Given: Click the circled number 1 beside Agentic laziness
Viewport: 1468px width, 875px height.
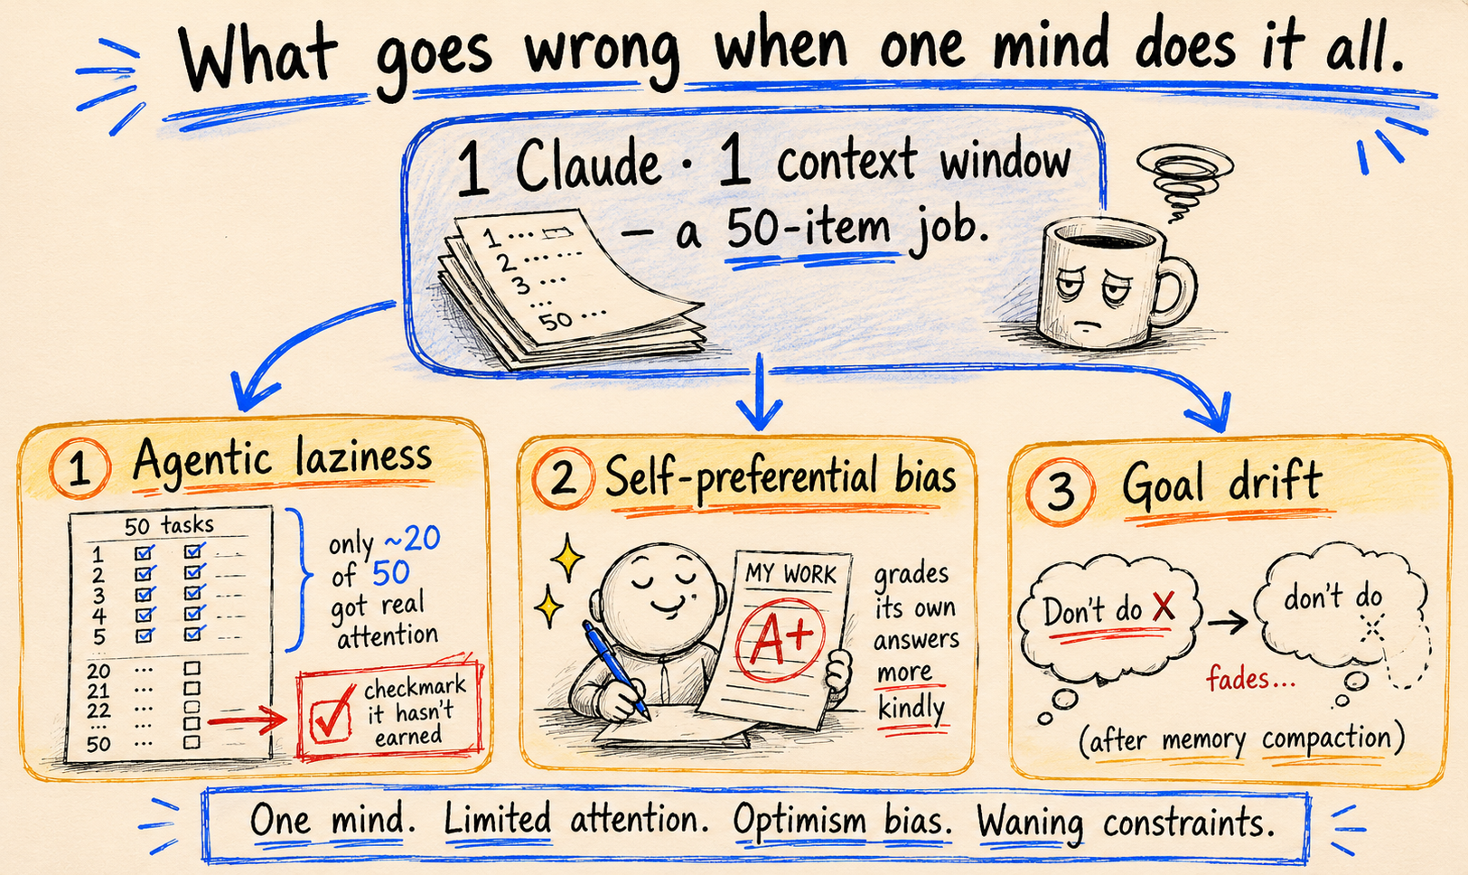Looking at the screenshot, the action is pos(79,468).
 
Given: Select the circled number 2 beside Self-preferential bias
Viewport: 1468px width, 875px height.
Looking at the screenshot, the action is pos(563,479).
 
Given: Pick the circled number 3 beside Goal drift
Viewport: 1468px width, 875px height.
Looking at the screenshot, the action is pos(1060,492).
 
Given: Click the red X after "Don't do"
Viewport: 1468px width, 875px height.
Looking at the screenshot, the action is pos(1164,606).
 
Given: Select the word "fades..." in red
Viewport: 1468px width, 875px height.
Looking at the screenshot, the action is pos(1251,678).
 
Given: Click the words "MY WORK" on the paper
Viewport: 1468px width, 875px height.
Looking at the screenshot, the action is pos(791,573).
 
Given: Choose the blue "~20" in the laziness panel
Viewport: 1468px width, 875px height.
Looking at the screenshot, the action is pos(412,539).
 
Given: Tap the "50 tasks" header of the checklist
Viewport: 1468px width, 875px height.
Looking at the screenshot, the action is pos(169,525).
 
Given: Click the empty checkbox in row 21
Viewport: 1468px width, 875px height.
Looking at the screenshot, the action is pos(192,688).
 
